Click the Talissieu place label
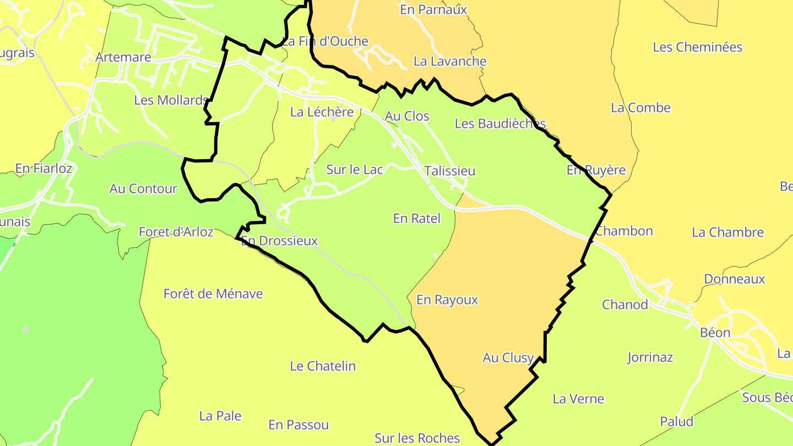point(450,171)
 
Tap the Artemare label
point(123,57)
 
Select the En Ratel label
point(417,219)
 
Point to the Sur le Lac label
point(355,170)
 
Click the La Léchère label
point(322,112)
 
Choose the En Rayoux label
point(447,300)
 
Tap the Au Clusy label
point(508,358)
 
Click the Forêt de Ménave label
point(213,294)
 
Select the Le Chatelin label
point(323,366)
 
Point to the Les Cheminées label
point(698,47)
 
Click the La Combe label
point(640,108)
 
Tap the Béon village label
point(715,333)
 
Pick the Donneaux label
point(735,279)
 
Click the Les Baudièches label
point(500,124)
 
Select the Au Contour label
point(143,189)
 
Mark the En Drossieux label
point(280,241)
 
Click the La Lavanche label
point(450,62)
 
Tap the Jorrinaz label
point(650,358)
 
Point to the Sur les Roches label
point(417,438)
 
